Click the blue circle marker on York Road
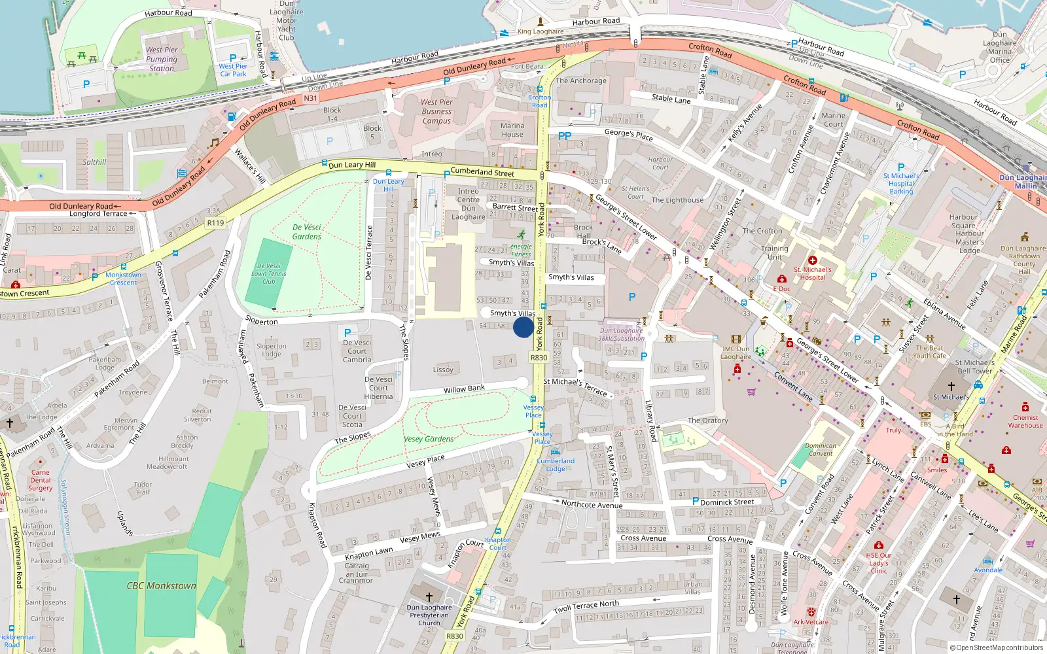click(523, 327)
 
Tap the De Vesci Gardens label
click(307, 232)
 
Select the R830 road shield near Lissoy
click(539, 358)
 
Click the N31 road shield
click(310, 98)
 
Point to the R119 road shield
click(215, 223)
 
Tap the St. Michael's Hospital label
click(812, 273)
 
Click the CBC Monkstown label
click(162, 586)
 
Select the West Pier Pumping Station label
click(162, 59)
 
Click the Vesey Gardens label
click(429, 439)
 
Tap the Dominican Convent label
click(821, 449)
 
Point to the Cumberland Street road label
click(482, 172)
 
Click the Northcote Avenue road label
click(592, 504)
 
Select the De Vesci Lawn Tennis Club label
click(269, 273)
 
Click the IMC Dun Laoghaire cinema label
click(736, 353)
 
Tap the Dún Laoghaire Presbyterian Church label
click(429, 615)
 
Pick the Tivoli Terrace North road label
click(586, 606)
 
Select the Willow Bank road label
click(464, 389)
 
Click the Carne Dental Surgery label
click(40, 480)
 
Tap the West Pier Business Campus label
click(436, 111)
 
